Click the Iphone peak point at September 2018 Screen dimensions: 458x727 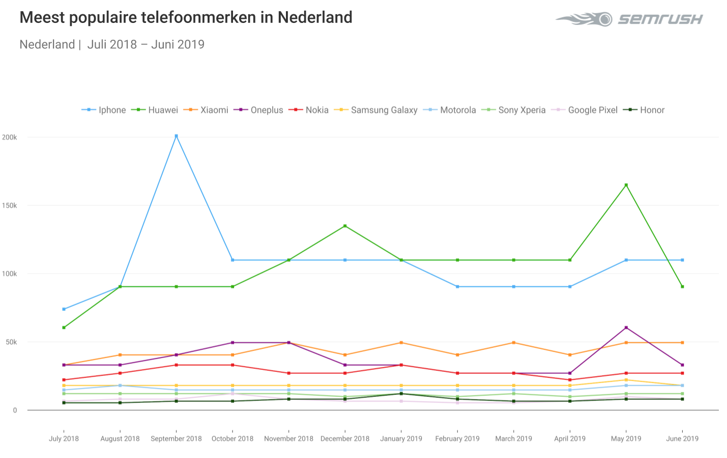tap(176, 136)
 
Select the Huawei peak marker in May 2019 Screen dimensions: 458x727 tap(626, 185)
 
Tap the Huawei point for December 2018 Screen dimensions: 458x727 tap(345, 226)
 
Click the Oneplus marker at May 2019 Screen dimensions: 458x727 tap(626, 328)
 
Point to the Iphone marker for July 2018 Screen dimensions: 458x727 tap(64, 309)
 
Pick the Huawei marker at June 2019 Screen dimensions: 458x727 tap(682, 287)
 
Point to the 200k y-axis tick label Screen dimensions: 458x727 tap(10, 137)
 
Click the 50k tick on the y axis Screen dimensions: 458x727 tap(11, 342)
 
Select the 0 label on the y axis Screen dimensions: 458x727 tap(15, 410)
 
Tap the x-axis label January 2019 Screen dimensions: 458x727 tap(401, 439)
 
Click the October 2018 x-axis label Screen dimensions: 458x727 tap(232, 439)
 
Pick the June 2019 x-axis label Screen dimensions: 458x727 tap(682, 439)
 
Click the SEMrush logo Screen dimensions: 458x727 tap(629, 19)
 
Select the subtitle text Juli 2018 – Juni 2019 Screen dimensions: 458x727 tap(146, 44)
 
